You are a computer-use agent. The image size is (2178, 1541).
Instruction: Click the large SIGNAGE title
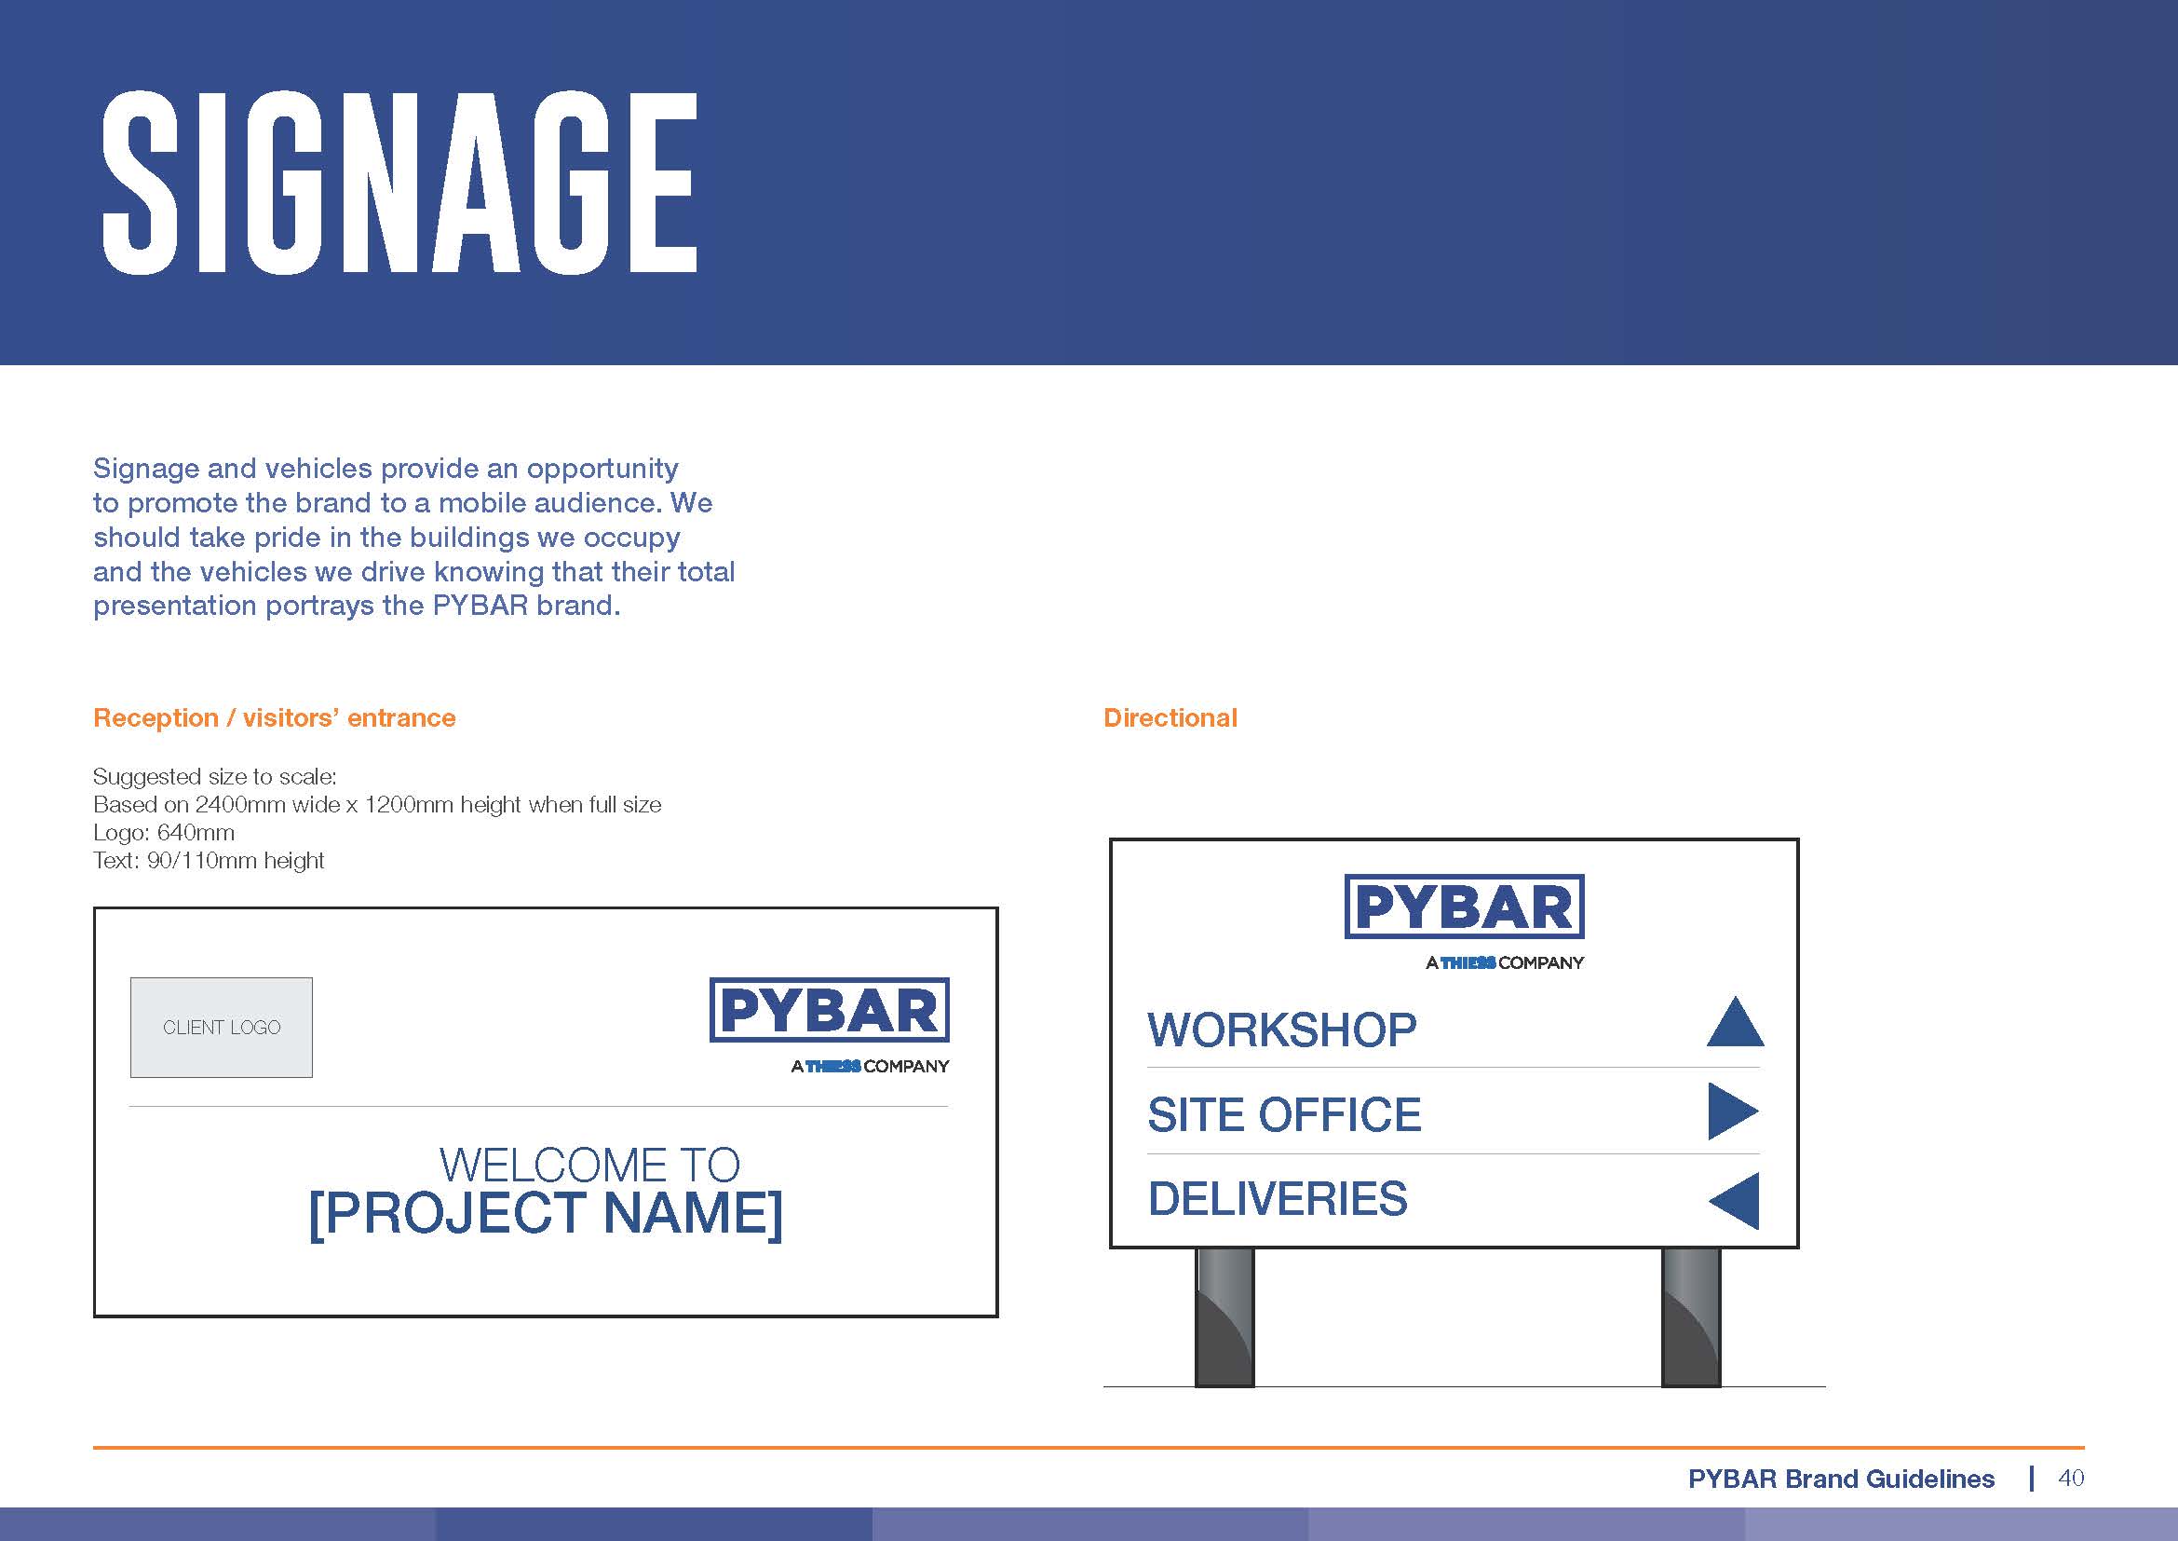399,184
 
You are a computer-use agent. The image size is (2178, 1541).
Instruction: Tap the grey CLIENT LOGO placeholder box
221,1027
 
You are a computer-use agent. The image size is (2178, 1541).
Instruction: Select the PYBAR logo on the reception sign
829,1025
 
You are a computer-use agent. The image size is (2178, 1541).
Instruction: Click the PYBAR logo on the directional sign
1464,921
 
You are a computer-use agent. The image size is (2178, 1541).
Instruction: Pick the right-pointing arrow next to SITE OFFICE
1733,1111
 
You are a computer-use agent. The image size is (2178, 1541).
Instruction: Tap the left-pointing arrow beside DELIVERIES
1734,1200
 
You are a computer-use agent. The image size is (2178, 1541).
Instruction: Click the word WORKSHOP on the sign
1281,1030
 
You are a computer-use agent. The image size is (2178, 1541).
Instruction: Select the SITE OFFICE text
1284,1115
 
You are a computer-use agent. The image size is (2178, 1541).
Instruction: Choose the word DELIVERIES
1278,1199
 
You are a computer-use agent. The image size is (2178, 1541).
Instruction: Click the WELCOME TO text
589,1165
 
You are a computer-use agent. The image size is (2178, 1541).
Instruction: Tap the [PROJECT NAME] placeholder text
547,1214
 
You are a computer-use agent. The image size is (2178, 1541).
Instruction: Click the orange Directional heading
1170,717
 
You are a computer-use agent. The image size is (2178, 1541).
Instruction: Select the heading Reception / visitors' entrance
274,717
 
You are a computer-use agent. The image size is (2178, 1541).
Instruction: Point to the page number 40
2071,1478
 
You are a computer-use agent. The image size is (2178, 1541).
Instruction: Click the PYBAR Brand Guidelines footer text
1841,1479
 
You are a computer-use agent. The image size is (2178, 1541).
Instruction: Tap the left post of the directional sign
1224,1317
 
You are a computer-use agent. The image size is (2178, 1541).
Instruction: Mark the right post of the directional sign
1690,1317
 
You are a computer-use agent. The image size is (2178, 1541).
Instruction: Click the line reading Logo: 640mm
164,832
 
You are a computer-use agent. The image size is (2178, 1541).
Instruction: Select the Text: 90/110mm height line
209,861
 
